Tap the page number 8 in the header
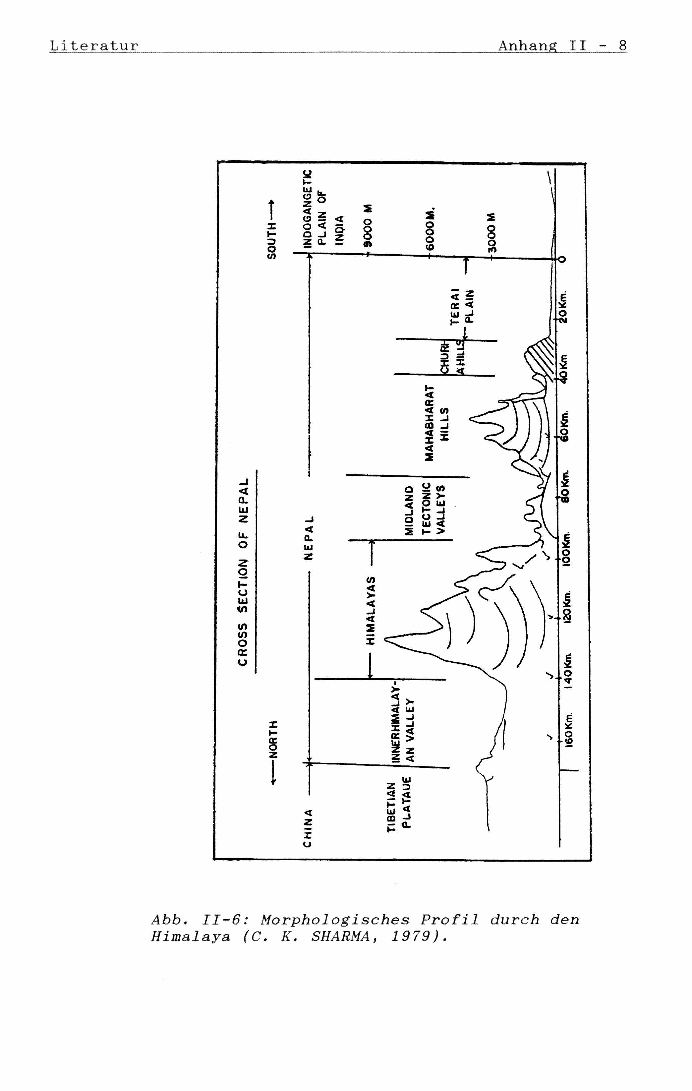622,45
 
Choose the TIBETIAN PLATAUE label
399,805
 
